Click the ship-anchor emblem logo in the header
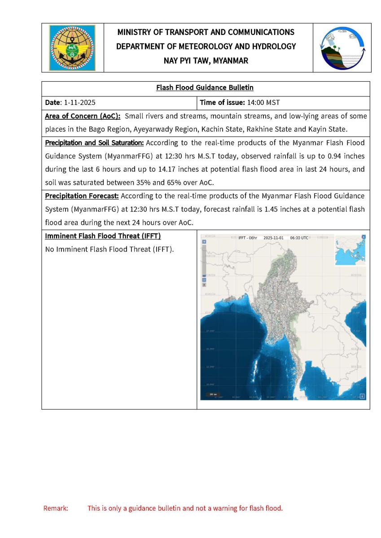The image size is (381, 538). [x=72, y=48]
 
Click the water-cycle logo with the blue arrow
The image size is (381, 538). [x=342, y=48]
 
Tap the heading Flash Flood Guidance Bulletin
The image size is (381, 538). [x=205, y=88]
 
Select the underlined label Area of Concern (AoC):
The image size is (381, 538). [x=83, y=116]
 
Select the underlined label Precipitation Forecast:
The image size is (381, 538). [x=82, y=196]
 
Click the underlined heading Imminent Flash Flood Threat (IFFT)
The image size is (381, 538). [x=103, y=236]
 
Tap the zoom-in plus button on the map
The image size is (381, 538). [x=204, y=242]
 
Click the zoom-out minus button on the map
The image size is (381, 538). [x=204, y=280]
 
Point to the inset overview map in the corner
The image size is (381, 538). [x=350, y=252]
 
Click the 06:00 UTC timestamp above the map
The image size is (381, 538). [x=299, y=238]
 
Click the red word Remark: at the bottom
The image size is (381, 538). [x=56, y=508]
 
